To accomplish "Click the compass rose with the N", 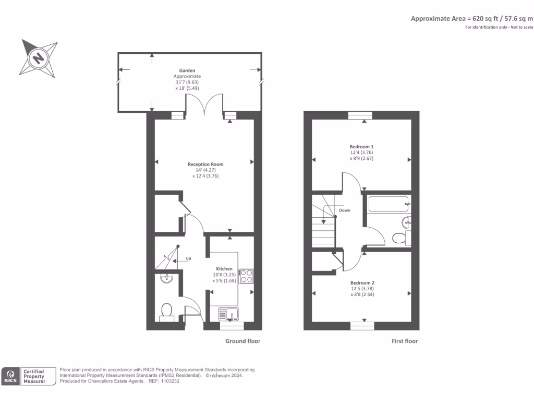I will coord(38,57).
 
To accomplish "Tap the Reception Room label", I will coord(205,164).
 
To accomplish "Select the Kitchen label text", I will coord(224,269).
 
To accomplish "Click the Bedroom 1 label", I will coord(361,147).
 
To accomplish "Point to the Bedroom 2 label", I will coord(362,282).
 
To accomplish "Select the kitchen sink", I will coord(228,314).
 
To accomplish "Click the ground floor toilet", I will coord(167,311).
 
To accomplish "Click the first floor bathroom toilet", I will coord(400,238).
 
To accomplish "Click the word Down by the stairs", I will coord(345,210).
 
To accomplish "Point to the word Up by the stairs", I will coord(189,258).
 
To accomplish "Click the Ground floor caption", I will coord(242,341).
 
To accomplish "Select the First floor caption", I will coord(405,341).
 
